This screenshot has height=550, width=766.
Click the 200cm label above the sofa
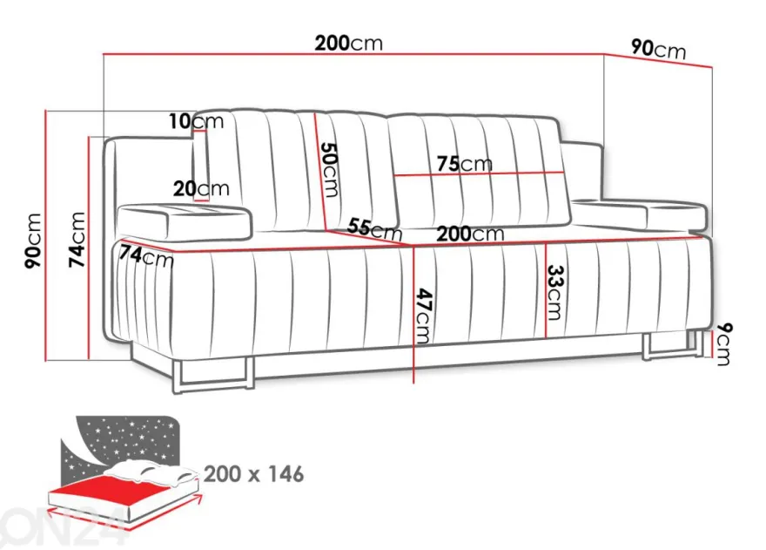(x=348, y=43)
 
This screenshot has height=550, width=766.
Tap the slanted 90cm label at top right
(x=659, y=49)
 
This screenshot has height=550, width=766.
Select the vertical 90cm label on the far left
(x=33, y=241)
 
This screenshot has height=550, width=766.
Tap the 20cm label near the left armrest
(x=201, y=188)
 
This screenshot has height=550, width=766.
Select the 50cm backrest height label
(x=329, y=169)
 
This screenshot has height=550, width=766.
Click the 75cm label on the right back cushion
(x=465, y=164)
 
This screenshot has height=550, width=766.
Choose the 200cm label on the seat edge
(x=469, y=234)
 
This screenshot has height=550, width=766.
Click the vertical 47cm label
(x=423, y=316)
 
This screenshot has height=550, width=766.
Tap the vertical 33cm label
(x=554, y=292)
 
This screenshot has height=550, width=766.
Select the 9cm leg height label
(x=724, y=344)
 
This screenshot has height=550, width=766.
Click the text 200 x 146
(x=253, y=473)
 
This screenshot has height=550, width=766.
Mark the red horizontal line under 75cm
(x=479, y=173)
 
